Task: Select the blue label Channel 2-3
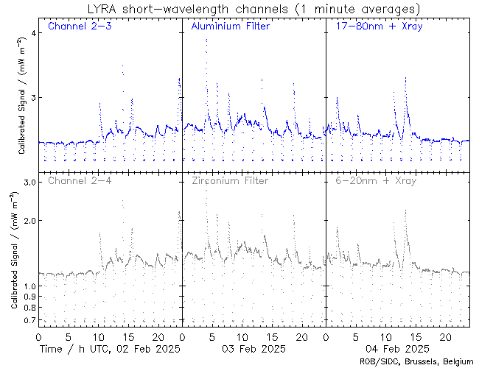coord(80,27)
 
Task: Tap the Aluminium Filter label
coord(230,27)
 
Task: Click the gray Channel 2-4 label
coord(80,180)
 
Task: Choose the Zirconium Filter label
coord(230,180)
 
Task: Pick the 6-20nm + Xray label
coord(375,180)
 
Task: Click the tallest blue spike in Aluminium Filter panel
coord(206,40)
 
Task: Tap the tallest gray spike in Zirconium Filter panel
coord(206,191)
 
